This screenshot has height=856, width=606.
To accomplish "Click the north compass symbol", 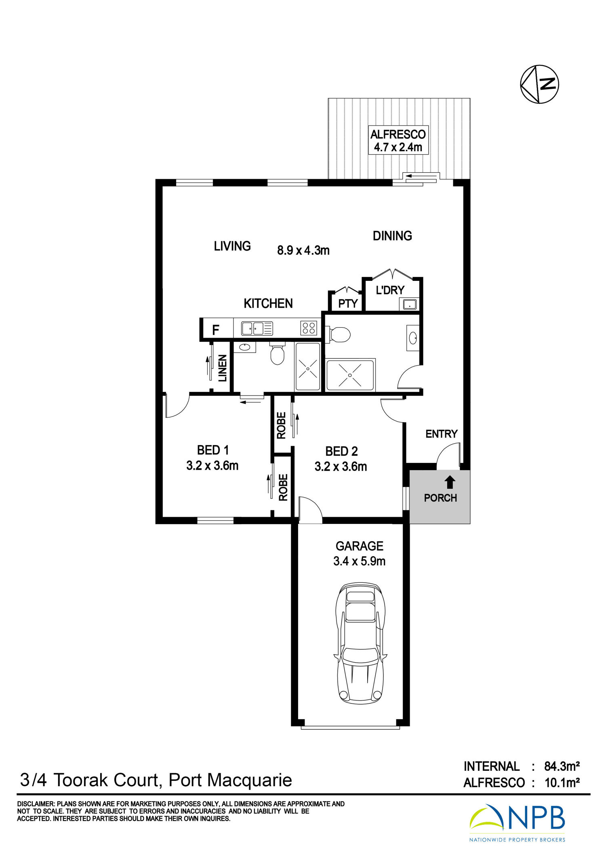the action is tap(539, 84).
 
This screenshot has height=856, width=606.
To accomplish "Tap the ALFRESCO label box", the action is tap(398, 140).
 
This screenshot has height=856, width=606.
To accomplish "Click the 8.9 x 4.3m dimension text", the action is tap(303, 250).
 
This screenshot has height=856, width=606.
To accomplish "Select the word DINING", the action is tap(392, 236).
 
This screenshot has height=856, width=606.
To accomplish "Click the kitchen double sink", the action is tap(257, 328).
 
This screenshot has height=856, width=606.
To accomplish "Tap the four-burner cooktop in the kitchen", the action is tap(309, 328).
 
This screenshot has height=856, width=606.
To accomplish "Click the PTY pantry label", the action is tap(348, 303).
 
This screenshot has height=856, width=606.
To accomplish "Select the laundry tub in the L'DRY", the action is tap(409, 303).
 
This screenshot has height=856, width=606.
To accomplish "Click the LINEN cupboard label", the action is tap(223, 368).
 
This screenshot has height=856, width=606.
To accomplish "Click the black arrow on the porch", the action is tap(450, 483).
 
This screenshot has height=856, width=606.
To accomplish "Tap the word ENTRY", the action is tap(442, 434).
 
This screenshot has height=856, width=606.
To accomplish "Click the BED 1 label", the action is tap(213, 450).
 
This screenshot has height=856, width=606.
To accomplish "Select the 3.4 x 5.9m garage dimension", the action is tap(359, 561).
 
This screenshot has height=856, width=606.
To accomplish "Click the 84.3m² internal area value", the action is tap(562, 766).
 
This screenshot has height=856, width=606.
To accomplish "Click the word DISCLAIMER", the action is tap(36, 804).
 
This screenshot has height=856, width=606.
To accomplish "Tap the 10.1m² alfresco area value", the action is tap(562, 783).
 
